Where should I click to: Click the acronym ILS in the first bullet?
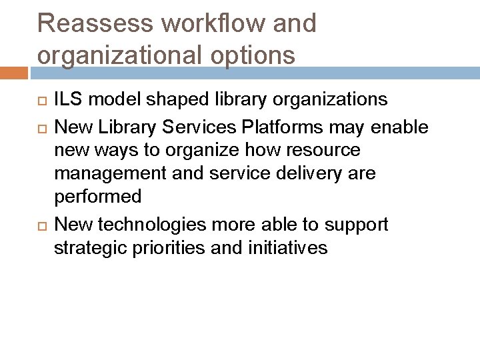(68, 100)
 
